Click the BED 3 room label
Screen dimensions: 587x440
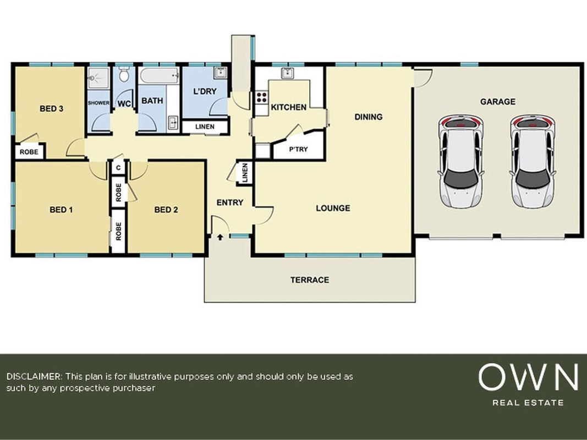[51, 108]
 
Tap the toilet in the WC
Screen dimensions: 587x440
[124, 74]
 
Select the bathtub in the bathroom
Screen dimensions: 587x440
[159, 75]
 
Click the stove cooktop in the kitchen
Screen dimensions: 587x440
[261, 97]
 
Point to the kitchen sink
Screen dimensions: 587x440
[288, 73]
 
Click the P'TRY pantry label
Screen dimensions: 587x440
[298, 149]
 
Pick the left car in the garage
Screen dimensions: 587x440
[460, 162]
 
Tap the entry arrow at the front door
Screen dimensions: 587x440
[220, 237]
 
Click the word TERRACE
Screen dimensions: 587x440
[310, 280]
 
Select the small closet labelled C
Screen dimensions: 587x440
[118, 168]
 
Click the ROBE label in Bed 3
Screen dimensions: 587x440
[29, 152]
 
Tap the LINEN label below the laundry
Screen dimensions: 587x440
[205, 127]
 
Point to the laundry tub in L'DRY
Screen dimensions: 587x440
[221, 73]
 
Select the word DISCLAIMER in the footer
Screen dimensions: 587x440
[34, 376]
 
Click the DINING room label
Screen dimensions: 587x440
[369, 117]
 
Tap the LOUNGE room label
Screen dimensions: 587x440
[333, 208]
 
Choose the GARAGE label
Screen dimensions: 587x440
[497, 102]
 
